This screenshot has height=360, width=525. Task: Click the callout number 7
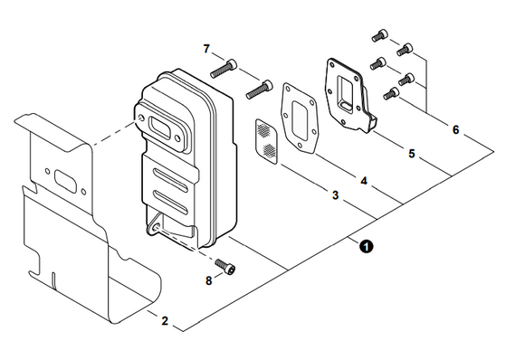(206, 49)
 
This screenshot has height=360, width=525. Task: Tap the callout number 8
(208, 280)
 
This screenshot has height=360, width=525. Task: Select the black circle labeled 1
(366, 247)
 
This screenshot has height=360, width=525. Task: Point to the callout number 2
(165, 320)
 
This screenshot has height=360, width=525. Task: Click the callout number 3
(335, 195)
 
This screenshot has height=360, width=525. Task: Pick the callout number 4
(364, 181)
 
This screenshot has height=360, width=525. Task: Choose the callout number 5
(412, 154)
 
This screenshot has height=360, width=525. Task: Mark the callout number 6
(455, 129)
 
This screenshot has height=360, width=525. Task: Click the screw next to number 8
(225, 267)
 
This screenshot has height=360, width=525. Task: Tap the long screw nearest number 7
(224, 68)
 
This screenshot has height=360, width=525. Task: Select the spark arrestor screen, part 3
(267, 141)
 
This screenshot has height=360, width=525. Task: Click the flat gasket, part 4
(299, 118)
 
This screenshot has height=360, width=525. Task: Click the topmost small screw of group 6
(379, 35)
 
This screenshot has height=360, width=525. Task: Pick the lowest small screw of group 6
(391, 93)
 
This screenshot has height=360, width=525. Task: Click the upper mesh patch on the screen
(264, 129)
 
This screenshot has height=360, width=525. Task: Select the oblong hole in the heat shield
(65, 180)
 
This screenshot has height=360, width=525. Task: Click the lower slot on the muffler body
(170, 202)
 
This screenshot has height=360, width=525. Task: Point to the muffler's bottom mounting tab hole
(155, 228)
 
